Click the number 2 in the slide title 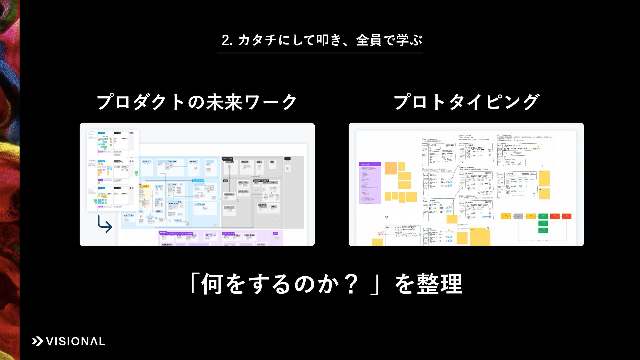[x=226, y=41]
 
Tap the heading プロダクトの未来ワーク [x=197, y=102]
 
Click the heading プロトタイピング [x=466, y=102]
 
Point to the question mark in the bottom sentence [x=351, y=284]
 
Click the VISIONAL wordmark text [x=75, y=341]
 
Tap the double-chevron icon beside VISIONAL [x=38, y=341]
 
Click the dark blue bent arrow [x=105, y=224]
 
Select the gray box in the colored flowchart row [x=518, y=216]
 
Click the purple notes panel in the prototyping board [x=370, y=183]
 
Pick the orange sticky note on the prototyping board [x=391, y=168]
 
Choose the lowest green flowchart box [x=543, y=230]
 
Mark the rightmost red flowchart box [x=567, y=216]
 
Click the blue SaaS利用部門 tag [x=198, y=181]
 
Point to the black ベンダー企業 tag [x=227, y=159]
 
